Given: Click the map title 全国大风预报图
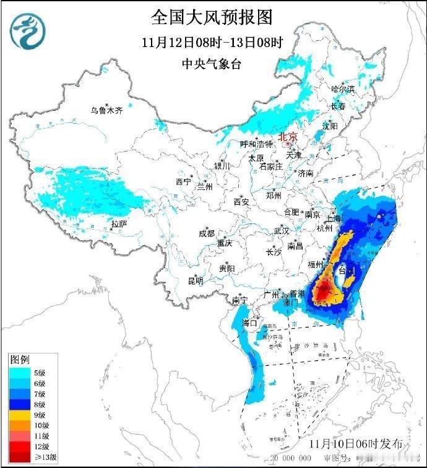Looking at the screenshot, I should (x=212, y=17).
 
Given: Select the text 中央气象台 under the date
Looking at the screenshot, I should (x=212, y=64).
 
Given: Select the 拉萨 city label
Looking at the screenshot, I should (x=119, y=223).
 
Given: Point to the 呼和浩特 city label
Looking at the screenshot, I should (x=256, y=144).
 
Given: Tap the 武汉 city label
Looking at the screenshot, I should (x=282, y=231).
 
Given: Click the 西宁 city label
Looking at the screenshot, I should (x=183, y=182).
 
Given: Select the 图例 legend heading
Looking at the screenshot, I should (x=19, y=360).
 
